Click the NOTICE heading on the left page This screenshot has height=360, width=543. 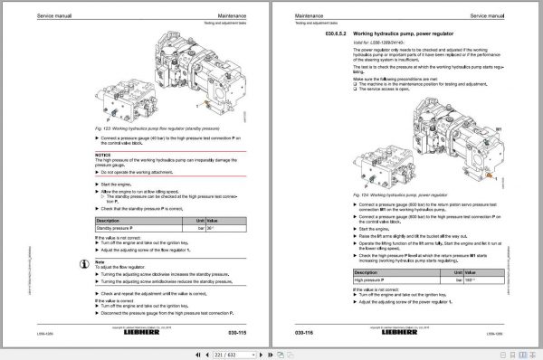click(x=102, y=155)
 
